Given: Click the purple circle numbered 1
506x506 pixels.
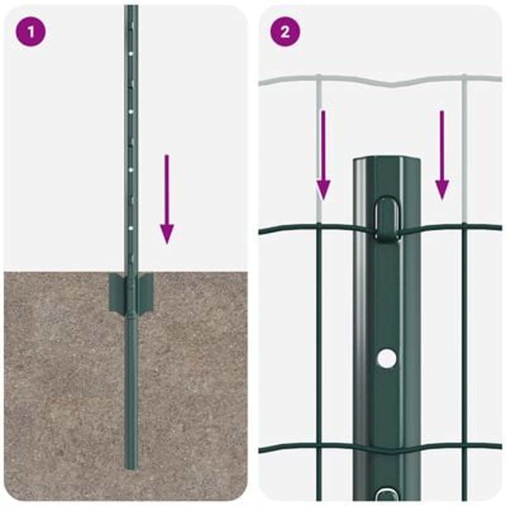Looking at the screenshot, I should click(31, 32).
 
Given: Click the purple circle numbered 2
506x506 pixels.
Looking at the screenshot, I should click(285, 32).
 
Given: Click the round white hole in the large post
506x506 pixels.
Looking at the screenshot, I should click(387, 358).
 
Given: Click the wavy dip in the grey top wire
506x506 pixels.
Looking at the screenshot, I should click(392, 85).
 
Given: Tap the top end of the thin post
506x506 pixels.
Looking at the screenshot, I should click(131, 7).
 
